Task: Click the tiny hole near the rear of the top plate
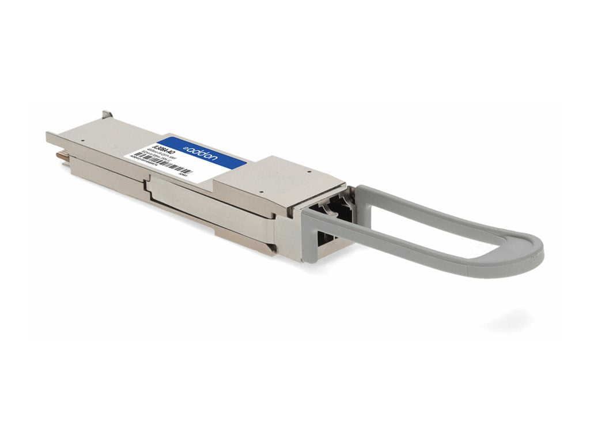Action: (x=82, y=139)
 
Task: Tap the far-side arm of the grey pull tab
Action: (x=438, y=199)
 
